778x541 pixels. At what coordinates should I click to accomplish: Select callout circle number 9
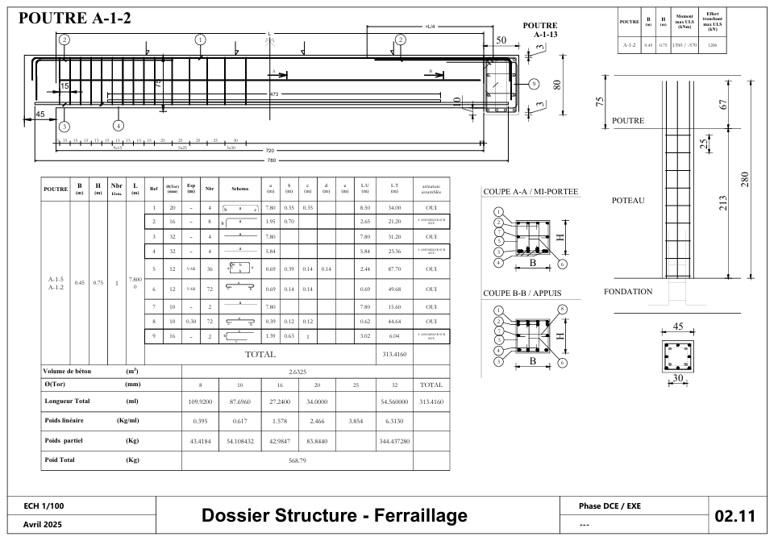[534, 84]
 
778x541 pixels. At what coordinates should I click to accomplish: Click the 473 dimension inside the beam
[274, 95]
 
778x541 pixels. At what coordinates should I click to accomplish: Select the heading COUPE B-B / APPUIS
[522, 293]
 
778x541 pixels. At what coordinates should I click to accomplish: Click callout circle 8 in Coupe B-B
[562, 309]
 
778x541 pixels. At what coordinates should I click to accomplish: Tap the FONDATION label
[628, 292]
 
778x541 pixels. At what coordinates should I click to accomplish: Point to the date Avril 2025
[44, 524]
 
